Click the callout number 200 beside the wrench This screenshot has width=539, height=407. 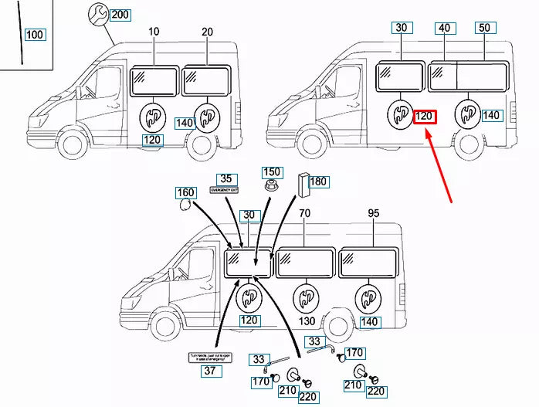(x=120, y=15)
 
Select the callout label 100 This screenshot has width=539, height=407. (x=35, y=35)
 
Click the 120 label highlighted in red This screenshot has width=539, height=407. (x=425, y=117)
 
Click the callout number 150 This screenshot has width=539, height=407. (x=272, y=172)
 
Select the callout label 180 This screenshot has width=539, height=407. (x=318, y=181)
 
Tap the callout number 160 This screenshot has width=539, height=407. (x=186, y=192)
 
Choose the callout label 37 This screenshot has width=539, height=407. (x=208, y=371)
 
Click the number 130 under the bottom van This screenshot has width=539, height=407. (x=307, y=321)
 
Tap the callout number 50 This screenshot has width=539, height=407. (x=484, y=28)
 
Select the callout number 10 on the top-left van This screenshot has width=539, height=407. (x=154, y=32)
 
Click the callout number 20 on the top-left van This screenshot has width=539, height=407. (x=207, y=32)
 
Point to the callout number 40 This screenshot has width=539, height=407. (x=444, y=28)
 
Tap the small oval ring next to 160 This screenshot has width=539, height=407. (x=185, y=205)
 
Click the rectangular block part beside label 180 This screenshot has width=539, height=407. (x=302, y=185)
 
